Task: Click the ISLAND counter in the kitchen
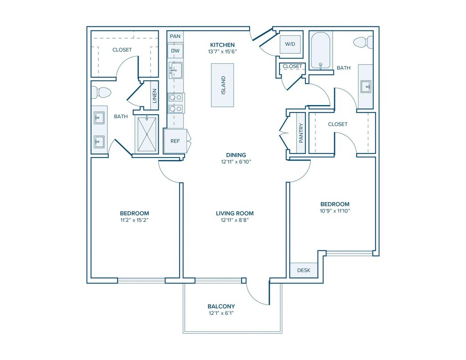coord(222,85)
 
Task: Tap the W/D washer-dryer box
coord(290,44)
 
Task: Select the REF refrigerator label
coord(175,141)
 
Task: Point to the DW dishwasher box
coord(175,51)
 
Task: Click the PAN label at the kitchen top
coord(175,36)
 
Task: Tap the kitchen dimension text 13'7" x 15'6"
coord(222,51)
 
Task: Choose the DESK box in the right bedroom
coord(304,270)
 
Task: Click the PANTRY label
coord(301,133)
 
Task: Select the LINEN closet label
coord(154,96)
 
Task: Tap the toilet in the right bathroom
coord(365,42)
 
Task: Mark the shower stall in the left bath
coord(147,134)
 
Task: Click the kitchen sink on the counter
coord(175,70)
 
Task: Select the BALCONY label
coord(221,306)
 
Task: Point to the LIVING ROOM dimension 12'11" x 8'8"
coord(234,220)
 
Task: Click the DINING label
coord(236,155)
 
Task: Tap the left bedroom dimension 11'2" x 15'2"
coord(134,220)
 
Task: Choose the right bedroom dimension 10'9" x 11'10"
coord(335,211)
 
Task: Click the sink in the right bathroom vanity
coord(366,87)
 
